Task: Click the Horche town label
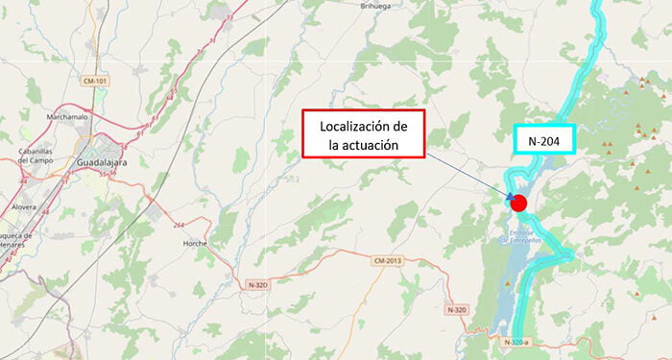(195, 244)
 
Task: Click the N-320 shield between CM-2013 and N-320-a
(457, 309)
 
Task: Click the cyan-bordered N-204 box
(543, 140)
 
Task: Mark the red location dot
(518, 203)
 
